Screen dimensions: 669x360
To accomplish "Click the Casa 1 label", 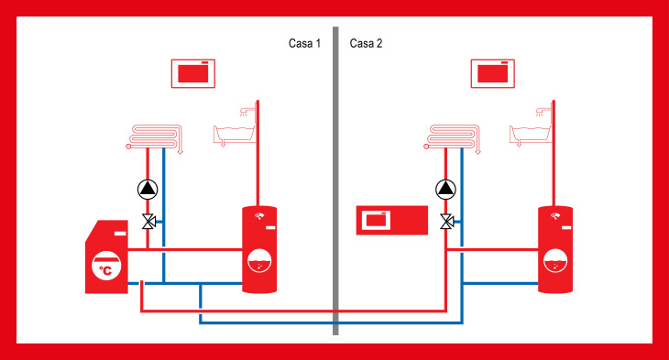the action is pyautogui.click(x=304, y=43).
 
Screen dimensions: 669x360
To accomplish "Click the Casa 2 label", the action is pyautogui.click(x=366, y=43).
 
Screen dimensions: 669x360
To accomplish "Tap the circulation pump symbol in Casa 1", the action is pyautogui.click(x=148, y=190).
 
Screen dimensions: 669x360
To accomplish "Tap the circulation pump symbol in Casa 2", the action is pyautogui.click(x=445, y=190).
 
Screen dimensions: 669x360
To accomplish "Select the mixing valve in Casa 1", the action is pyautogui.click(x=149, y=222).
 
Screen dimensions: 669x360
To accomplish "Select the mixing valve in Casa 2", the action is pyautogui.click(x=447, y=222).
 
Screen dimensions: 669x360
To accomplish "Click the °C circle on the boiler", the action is pyautogui.click(x=106, y=266).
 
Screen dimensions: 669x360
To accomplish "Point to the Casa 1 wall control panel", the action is pyautogui.click(x=192, y=74).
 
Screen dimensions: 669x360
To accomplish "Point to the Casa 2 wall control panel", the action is pyautogui.click(x=492, y=74).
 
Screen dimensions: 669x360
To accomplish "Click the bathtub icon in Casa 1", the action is pyautogui.click(x=235, y=136).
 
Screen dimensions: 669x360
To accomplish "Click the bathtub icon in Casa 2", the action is pyautogui.click(x=531, y=136).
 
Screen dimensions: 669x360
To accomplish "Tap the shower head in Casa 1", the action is pyautogui.click(x=245, y=112).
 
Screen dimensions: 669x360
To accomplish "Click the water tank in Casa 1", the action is pyautogui.click(x=259, y=249).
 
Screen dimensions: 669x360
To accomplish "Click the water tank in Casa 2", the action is pyautogui.click(x=555, y=249).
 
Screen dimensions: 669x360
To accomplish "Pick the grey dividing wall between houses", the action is pyautogui.click(x=335, y=180).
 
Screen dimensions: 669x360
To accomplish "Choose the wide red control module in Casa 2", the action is pyautogui.click(x=392, y=220).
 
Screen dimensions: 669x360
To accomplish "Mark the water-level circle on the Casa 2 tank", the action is pyautogui.click(x=555, y=260).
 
